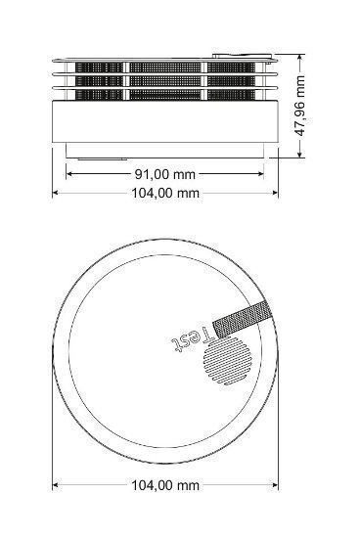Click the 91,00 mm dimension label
(164, 174)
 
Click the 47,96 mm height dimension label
(301, 106)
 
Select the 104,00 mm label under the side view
(165, 193)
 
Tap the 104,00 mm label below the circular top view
(165, 485)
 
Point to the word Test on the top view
(193, 339)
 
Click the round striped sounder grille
(227, 361)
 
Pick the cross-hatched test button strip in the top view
(243, 319)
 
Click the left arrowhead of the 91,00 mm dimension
(68, 174)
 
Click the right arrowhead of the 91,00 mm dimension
(260, 174)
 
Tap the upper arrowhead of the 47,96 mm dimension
(301, 58)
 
